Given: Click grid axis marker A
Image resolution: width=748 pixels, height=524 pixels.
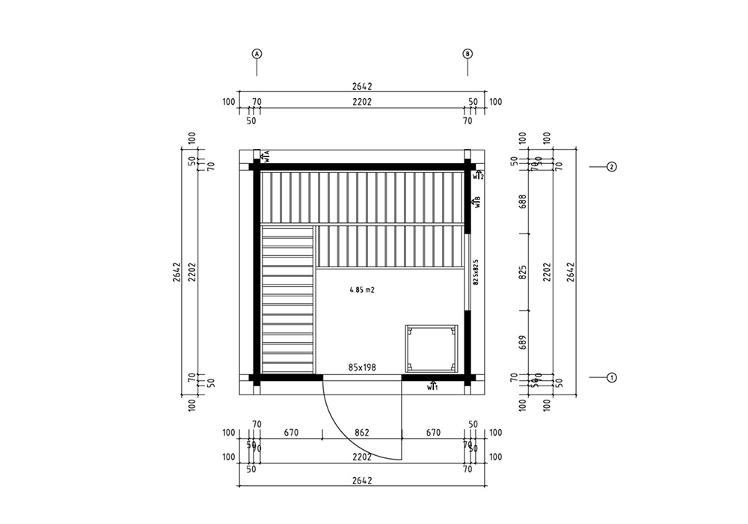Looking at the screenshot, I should coord(257,54).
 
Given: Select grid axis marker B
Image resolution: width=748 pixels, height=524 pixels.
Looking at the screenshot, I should coord(467,54).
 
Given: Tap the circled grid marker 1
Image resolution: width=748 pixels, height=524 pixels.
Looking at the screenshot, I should coord(611,377).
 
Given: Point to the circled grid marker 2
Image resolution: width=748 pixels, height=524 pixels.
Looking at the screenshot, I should coord(611,167).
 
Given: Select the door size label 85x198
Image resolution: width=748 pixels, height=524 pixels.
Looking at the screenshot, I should coord(362,368).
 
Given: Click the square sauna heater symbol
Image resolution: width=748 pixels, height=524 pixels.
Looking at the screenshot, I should coord(431,348).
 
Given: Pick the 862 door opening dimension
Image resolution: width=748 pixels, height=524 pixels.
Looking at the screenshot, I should coord(362,433).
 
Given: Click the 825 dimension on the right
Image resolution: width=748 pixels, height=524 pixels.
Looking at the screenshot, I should coord(523,272).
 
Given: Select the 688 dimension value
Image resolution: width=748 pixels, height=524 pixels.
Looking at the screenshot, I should coord(523,202).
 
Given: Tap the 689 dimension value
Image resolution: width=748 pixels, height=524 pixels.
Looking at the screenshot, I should coord(523,342).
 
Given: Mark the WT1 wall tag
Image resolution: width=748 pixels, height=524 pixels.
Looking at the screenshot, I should coord(432,387).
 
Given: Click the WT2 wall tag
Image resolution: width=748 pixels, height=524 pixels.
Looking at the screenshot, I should coord(478,176).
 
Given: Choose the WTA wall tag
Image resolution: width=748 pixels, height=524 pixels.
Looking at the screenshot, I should coord(266,156).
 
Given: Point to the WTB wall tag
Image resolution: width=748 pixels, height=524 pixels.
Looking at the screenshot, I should coord(476,201).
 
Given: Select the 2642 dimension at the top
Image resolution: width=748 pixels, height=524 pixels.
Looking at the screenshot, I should coord(362,86).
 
